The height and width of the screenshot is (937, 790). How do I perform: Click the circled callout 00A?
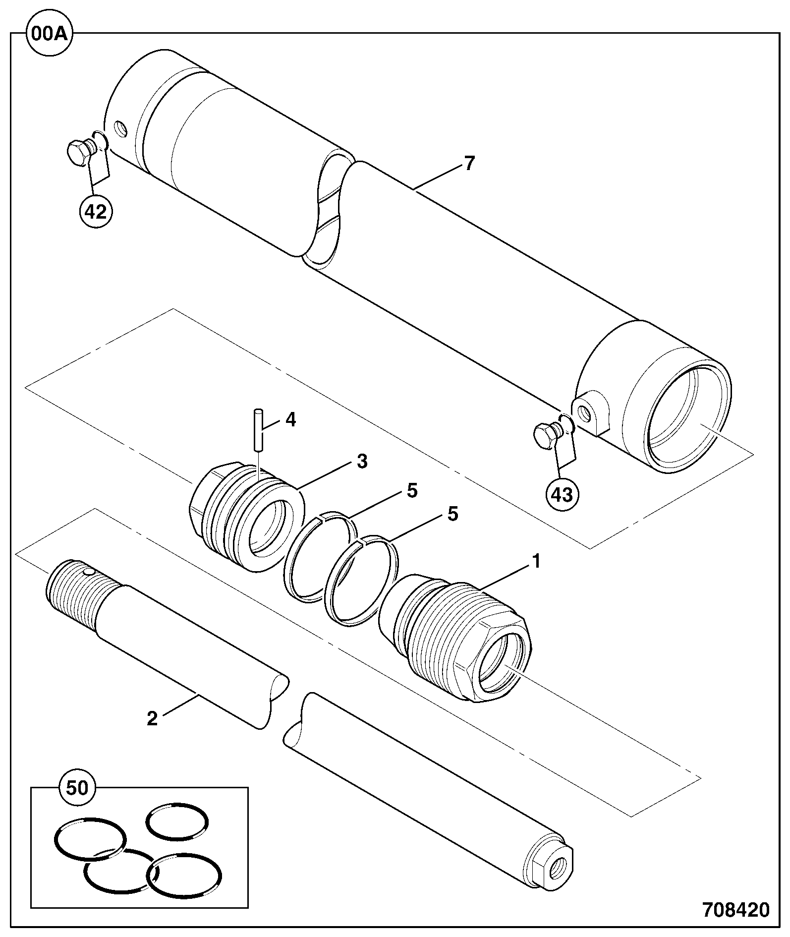pos(50,34)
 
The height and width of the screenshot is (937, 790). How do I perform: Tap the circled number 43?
pos(563,494)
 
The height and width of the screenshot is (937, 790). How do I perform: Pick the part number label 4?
pos(290,420)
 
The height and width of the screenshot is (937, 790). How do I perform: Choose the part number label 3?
pos(362,462)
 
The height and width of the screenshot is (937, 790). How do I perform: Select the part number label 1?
pos(536,561)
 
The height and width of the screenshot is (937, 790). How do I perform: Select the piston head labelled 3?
pos(247,516)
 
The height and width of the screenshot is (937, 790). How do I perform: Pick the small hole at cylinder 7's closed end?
pos(120,129)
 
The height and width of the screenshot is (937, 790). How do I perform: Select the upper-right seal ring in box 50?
pos(177,821)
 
